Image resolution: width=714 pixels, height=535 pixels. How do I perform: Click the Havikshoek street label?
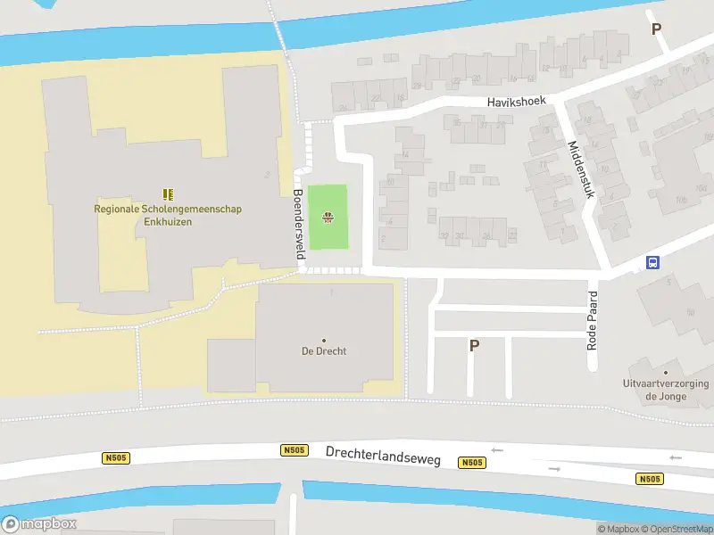click(x=516, y=103)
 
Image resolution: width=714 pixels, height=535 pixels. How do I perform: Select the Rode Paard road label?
click(x=592, y=318)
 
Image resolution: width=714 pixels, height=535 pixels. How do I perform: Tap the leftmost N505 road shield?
click(x=115, y=458)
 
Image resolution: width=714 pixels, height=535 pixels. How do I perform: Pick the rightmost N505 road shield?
click(x=650, y=479)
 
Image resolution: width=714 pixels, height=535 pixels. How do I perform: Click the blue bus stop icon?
click(x=653, y=262)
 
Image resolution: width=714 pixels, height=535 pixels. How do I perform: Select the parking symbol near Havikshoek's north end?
click(x=657, y=29)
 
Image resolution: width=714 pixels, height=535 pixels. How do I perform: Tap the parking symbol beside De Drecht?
click(x=474, y=346)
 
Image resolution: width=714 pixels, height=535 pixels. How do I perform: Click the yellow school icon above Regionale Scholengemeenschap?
click(x=168, y=193)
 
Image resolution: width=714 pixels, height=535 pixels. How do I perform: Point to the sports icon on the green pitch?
click(x=328, y=217)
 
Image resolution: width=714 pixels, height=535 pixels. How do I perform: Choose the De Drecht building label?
click(x=323, y=351)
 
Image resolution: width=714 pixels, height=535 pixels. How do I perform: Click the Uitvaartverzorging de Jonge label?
click(x=666, y=390)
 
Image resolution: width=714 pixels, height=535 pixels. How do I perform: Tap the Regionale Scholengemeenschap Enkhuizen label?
click(x=168, y=215)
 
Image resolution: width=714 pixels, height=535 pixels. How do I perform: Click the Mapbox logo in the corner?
click(x=39, y=523)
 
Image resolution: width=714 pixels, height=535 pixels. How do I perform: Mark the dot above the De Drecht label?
click(x=323, y=340)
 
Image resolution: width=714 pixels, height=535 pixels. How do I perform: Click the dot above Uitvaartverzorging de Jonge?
click(x=665, y=372)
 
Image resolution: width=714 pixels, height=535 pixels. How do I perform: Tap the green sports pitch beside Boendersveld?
click(x=328, y=205)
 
